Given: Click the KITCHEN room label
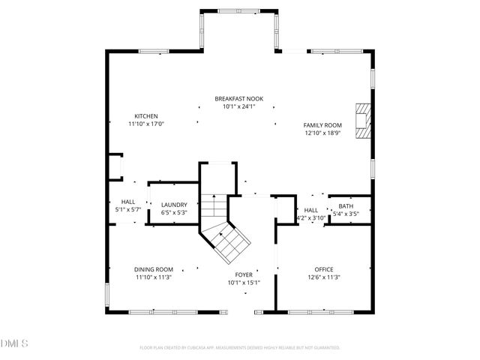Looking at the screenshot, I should click(145, 116).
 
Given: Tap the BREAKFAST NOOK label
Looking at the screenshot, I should click(238, 99).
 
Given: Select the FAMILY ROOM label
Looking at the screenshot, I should click(322, 125).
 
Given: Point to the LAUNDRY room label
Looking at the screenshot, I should click(174, 205).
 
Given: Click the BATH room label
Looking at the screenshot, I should click(346, 205).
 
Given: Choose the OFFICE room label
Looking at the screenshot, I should click(324, 269).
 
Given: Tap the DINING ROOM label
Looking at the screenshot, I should click(154, 269).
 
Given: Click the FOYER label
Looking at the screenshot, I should click(244, 275).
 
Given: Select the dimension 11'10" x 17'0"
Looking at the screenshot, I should click(145, 124).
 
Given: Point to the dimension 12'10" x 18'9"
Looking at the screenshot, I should click(322, 133).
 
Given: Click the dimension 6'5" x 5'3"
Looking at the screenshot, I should click(174, 213).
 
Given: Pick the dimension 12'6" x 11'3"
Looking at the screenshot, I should click(324, 277).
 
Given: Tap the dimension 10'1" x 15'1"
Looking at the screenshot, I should click(244, 283).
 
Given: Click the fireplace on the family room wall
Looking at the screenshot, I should click(363, 121).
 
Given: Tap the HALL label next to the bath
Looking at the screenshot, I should click(310, 210).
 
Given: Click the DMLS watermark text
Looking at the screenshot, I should click(14, 343).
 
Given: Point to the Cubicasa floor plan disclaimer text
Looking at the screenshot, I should click(240, 348).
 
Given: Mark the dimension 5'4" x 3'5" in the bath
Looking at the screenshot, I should click(346, 214).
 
